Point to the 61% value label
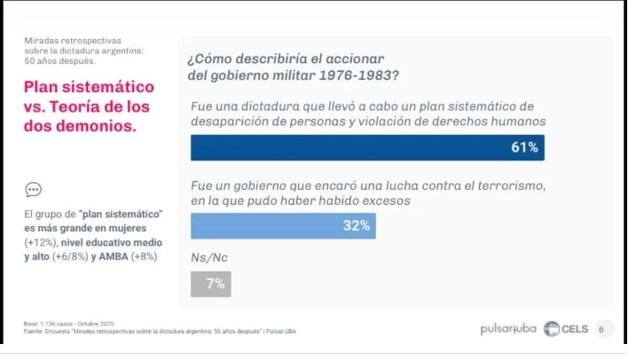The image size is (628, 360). coord(524,147)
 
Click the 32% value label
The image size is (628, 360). coord(356,226)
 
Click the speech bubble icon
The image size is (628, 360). coord(33,189)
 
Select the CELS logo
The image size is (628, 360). coord(565,329)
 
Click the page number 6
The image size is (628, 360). coord(601,329)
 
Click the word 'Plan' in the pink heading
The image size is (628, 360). coord(41,87)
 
